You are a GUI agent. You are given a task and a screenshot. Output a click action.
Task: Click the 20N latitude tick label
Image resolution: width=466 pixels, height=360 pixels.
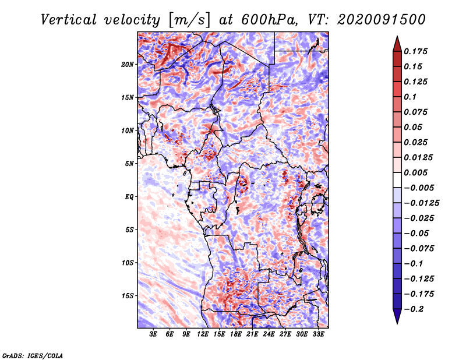point(128,64)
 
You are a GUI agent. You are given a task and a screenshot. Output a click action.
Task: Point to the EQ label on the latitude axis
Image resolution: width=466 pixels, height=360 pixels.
point(129,197)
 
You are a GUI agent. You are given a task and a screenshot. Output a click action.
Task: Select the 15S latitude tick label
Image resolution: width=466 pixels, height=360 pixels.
point(128,296)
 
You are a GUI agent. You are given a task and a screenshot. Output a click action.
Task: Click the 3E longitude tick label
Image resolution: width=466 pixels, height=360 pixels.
point(153,334)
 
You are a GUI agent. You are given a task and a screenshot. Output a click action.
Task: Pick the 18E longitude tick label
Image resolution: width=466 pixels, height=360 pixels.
point(235,334)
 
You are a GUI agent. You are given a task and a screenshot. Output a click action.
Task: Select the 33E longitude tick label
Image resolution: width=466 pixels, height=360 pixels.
point(319,334)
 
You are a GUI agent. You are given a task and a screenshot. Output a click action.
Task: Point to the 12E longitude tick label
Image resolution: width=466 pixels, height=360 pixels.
point(203,334)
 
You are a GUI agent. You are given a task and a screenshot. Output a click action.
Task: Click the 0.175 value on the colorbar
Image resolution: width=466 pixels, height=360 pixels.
point(417,51)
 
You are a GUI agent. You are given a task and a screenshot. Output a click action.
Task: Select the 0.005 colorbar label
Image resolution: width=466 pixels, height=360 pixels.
point(417,172)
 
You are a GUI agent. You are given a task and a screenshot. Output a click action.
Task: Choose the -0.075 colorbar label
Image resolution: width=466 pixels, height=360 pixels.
point(419,248)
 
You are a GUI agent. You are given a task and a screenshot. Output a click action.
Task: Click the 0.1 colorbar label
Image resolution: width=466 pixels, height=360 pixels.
point(411,97)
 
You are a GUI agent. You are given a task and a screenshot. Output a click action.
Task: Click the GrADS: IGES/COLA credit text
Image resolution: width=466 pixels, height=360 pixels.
point(33,355)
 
